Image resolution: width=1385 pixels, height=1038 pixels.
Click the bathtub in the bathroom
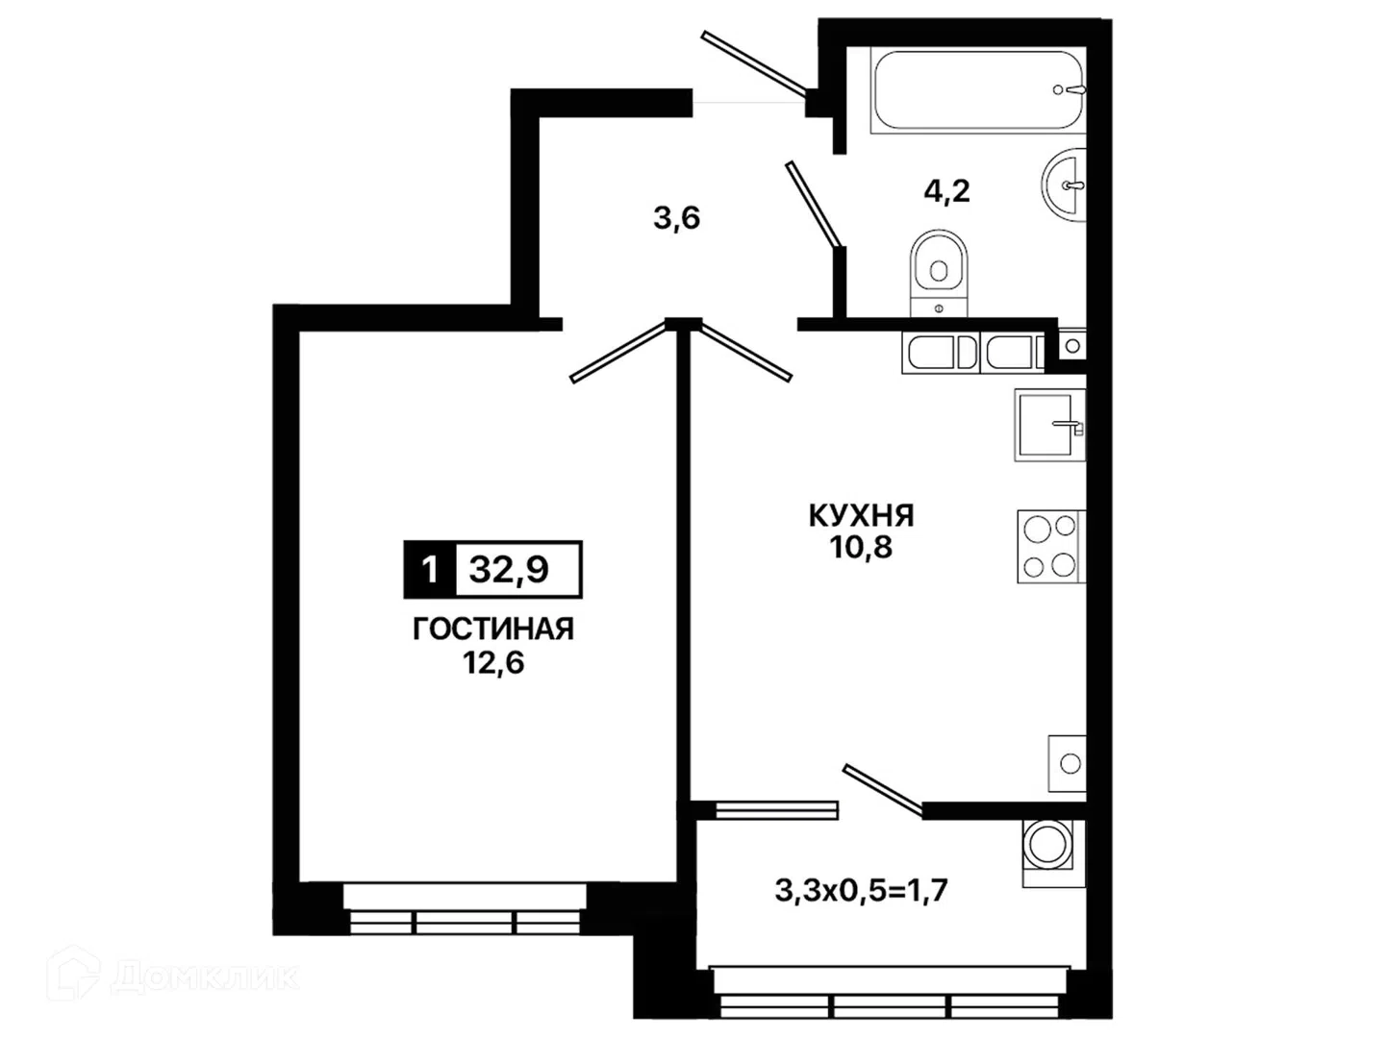coord(977,91)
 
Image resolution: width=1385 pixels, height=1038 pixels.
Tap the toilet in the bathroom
coord(939,272)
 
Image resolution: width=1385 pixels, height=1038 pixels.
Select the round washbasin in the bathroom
coord(1065,185)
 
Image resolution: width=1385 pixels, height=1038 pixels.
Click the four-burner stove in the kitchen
coord(1050,546)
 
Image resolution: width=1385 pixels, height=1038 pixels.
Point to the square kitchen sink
coord(1049,425)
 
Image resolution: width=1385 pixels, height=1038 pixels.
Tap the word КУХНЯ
coord(861,516)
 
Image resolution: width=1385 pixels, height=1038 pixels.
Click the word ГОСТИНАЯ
coord(493,629)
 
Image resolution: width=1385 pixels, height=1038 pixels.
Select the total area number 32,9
coord(509,570)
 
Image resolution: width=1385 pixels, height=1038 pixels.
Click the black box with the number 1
coord(430,570)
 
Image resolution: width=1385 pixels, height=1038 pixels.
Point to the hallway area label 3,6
coord(677,219)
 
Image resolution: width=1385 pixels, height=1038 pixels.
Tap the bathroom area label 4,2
coord(946,190)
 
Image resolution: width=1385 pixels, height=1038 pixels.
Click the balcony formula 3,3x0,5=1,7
coord(861,891)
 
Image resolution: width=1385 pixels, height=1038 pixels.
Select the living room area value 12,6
coord(493,663)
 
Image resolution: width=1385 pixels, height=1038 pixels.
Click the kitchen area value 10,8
coord(861,547)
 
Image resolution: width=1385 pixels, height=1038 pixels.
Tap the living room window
coord(465,908)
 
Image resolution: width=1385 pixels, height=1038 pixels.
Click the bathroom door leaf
coord(814,204)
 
